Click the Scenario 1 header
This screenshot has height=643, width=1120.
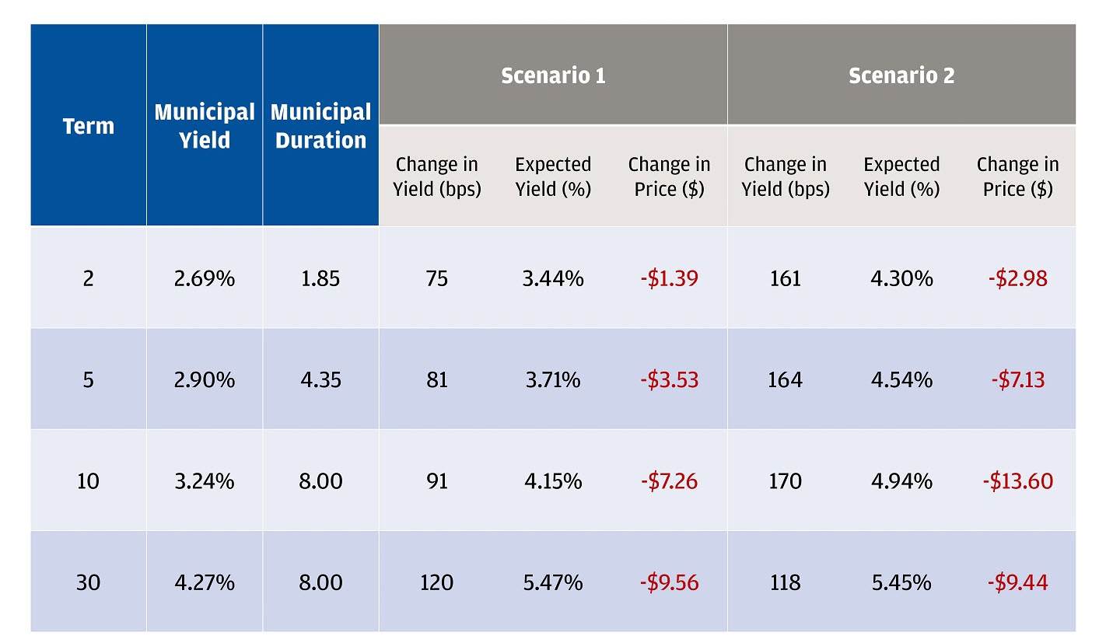pyautogui.click(x=553, y=75)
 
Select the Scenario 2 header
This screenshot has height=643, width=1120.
pyautogui.click(x=901, y=75)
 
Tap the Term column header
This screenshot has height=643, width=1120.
pyautogui.click(x=88, y=126)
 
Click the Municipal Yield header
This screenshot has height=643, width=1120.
pyautogui.click(x=205, y=126)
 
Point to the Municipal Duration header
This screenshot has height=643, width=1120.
pyautogui.click(x=320, y=126)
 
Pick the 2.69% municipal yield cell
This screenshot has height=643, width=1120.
pyautogui.click(x=205, y=278)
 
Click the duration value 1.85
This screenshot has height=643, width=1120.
pyautogui.click(x=320, y=278)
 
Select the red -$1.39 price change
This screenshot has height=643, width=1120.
pyautogui.click(x=669, y=278)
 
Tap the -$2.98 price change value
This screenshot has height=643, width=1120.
pyautogui.click(x=1017, y=278)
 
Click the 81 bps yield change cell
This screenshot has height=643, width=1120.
pyautogui.click(x=437, y=379)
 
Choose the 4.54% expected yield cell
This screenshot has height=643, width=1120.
pyautogui.click(x=901, y=379)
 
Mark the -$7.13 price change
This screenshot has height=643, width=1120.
pyautogui.click(x=1017, y=379)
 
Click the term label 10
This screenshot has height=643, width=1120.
pyautogui.click(x=88, y=481)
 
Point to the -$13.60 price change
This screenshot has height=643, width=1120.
pyautogui.click(x=1017, y=481)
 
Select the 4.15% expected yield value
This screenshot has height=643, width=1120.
pyautogui.click(x=553, y=481)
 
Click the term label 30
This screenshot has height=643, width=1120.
pyautogui.click(x=88, y=582)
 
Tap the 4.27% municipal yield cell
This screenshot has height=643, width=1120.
pyautogui.click(x=205, y=582)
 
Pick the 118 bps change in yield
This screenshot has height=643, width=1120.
pyautogui.click(x=785, y=582)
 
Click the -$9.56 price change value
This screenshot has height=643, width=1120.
pyautogui.click(x=669, y=582)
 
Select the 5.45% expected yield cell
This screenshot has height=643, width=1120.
pyautogui.click(x=901, y=582)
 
